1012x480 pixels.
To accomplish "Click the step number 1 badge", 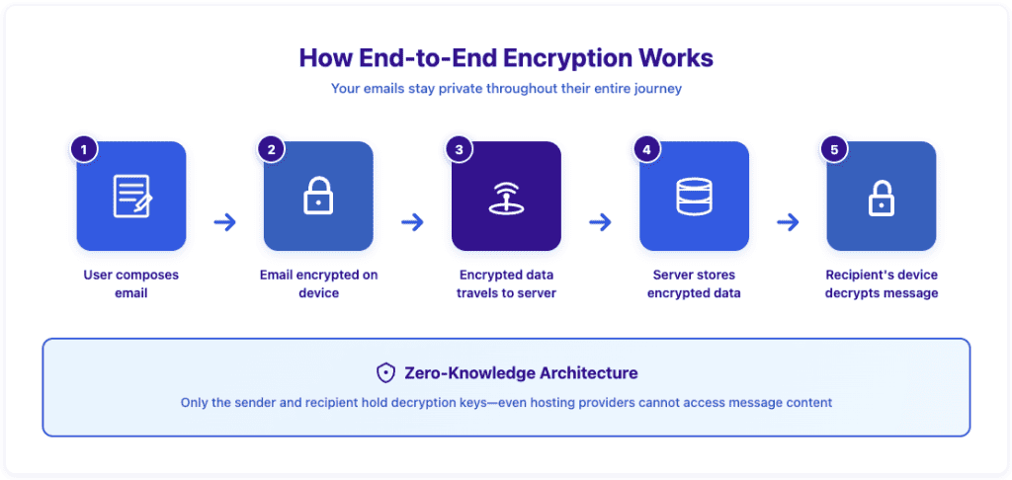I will (84, 150).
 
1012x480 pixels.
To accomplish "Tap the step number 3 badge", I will (459, 150).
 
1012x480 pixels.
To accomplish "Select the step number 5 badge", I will (834, 150).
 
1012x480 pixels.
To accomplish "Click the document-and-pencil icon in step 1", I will (132, 196).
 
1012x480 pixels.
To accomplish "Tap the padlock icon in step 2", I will (318, 196).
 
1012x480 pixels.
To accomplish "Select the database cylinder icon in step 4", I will (694, 196).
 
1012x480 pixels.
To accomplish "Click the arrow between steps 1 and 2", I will (224, 222).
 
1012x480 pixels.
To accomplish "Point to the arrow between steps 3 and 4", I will (600, 222).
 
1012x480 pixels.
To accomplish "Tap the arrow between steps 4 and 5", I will (788, 222).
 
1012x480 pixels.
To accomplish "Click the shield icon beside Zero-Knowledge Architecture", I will (385, 372).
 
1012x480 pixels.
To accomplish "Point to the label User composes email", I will (131, 283).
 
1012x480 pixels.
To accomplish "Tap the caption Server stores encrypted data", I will (694, 283).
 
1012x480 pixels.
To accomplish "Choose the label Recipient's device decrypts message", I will (881, 283).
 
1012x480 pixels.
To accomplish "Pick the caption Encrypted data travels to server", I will (506, 283).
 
